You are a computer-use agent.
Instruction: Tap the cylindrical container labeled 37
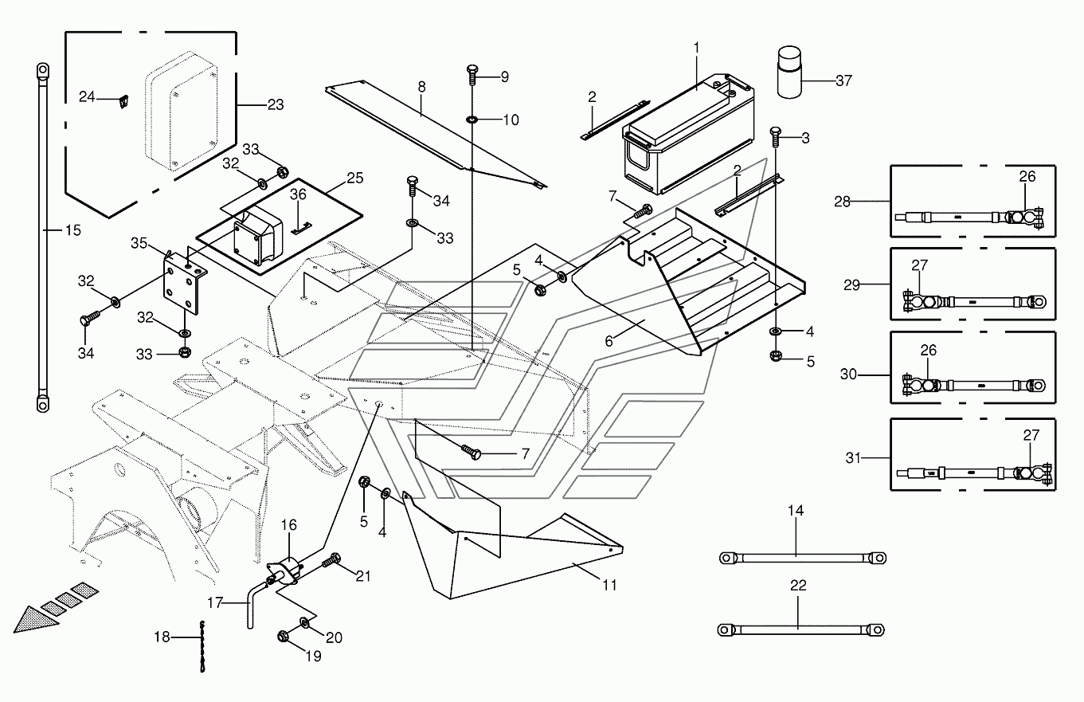pos(789,73)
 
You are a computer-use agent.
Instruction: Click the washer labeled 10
pos(472,120)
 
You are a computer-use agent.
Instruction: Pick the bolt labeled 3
pos(775,136)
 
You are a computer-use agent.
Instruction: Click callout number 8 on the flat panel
pos(421,85)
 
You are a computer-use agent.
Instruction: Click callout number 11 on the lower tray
pos(609,585)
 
